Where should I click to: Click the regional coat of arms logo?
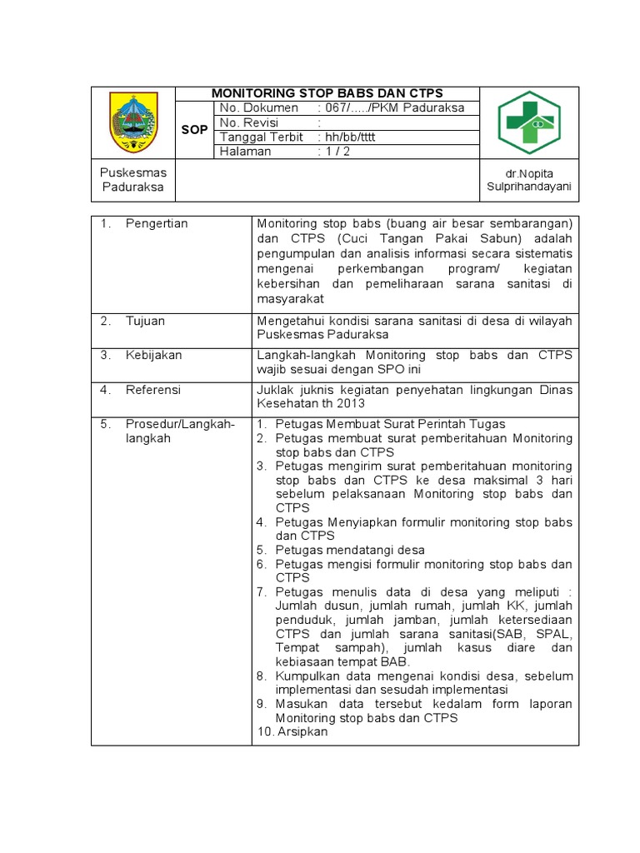click(x=133, y=122)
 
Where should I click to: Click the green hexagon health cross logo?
click(x=529, y=122)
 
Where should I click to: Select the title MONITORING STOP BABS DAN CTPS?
click(x=327, y=92)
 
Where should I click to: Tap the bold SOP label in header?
click(x=194, y=130)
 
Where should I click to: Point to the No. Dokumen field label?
click(x=258, y=108)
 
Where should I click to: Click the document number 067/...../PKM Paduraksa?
click(x=391, y=108)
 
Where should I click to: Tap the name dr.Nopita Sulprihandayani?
click(x=529, y=180)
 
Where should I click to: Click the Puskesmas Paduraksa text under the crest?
click(x=133, y=180)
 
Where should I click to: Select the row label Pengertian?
click(x=157, y=223)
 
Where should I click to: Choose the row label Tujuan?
click(x=145, y=321)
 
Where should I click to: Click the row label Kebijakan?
click(x=153, y=355)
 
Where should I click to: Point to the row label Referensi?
click(x=152, y=390)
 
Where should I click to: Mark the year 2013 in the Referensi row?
click(x=351, y=403)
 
